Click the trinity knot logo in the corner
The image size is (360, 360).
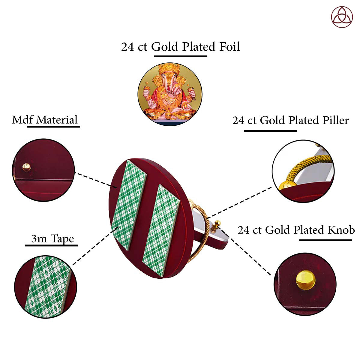[342, 17]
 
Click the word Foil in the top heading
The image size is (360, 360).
[229, 46]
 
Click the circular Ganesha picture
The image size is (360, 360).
[170, 94]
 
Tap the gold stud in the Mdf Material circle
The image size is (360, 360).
[26, 167]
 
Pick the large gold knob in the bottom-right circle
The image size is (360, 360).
[305, 280]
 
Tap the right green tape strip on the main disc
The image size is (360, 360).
[161, 231]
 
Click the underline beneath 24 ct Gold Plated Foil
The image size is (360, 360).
[180, 56]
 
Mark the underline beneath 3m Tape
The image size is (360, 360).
[51, 245]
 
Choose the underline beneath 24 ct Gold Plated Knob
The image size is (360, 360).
[325, 240]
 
